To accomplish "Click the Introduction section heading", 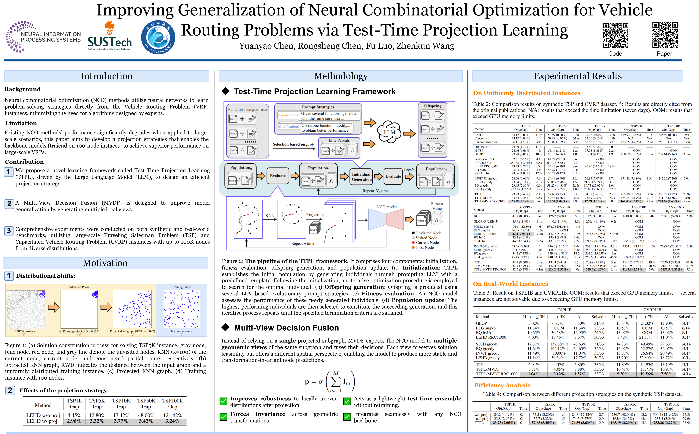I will pos(106,76).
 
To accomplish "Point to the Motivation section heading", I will pos(105,263).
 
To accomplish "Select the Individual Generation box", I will pos(361,176).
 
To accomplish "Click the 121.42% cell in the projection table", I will pos(172,415).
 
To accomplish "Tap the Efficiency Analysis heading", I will pos(502,385).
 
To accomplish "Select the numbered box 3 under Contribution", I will pos(9,231).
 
